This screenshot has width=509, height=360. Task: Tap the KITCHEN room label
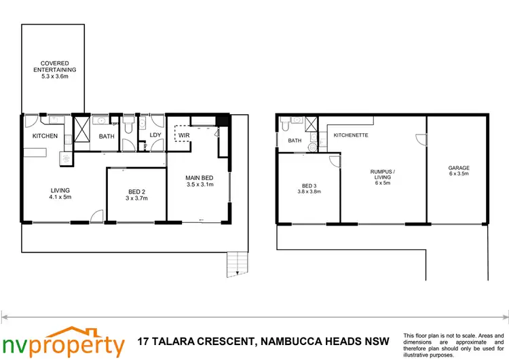point(45,136)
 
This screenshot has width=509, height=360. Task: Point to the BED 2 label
point(136,194)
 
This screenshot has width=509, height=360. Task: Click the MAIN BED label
point(200,181)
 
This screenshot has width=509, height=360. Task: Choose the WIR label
point(184,135)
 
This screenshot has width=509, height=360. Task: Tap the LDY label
point(155,135)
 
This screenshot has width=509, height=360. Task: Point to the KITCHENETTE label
point(350,135)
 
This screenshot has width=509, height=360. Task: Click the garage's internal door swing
point(420,139)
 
